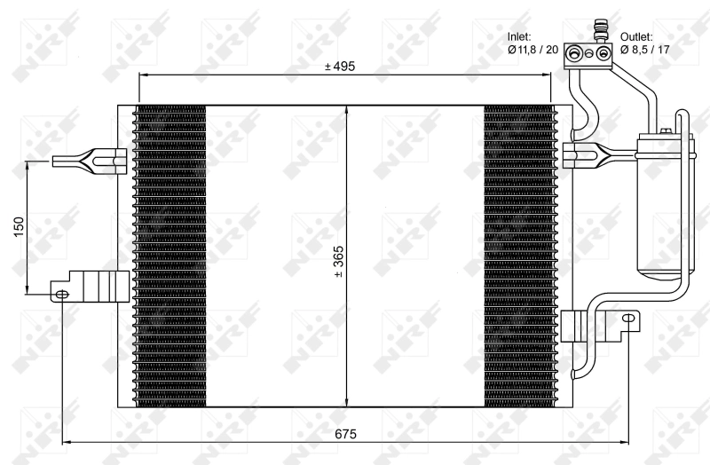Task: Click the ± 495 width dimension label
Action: click(341, 67)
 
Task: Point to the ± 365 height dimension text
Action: click(338, 261)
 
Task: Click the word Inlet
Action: click(519, 36)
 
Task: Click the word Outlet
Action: click(636, 36)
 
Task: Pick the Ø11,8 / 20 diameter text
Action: click(533, 50)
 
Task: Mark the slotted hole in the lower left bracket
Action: click(61, 294)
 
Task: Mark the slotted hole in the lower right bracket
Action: click(628, 318)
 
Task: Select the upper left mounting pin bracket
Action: click(89, 161)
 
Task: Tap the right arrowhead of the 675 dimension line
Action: click(624, 443)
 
